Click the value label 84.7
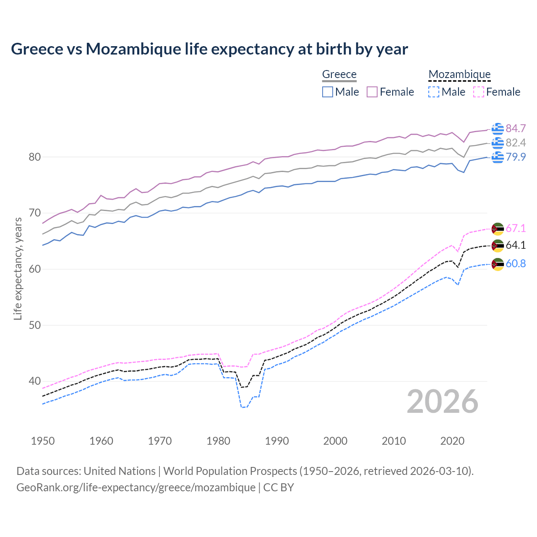pyautogui.click(x=516, y=128)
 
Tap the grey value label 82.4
pyautogui.click(x=516, y=143)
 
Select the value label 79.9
pyautogui.click(x=516, y=157)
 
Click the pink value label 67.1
pyautogui.click(x=516, y=229)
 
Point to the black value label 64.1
pyautogui.click(x=516, y=245)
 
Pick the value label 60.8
pyautogui.click(x=516, y=264)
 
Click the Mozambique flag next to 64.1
pyautogui.click(x=498, y=246)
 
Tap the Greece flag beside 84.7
pyautogui.click(x=498, y=129)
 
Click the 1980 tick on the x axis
pyautogui.click(x=218, y=441)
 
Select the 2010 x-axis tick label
pyautogui.click(x=394, y=441)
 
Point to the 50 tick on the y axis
pyautogui.click(x=34, y=326)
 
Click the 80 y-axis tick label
pyautogui.click(x=34, y=157)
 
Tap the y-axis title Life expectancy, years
pyautogui.click(x=18, y=268)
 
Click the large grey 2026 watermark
pyautogui.click(x=443, y=402)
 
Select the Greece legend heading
pyautogui.click(x=339, y=74)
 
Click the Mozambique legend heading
pyautogui.click(x=459, y=74)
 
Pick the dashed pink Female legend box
pyautogui.click(x=479, y=92)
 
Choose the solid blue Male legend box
pyautogui.click(x=328, y=92)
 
